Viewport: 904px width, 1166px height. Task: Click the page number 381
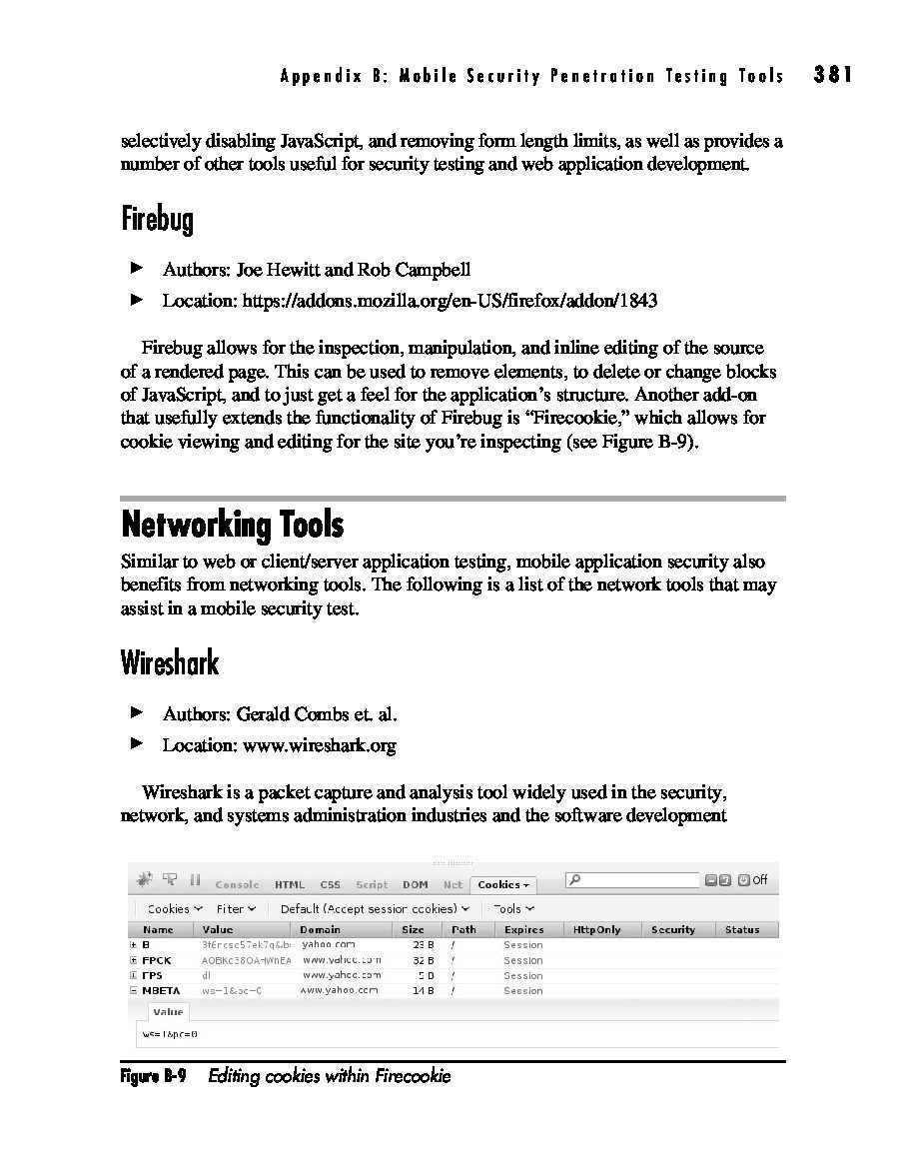point(833,75)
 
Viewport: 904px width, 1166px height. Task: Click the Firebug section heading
point(157,219)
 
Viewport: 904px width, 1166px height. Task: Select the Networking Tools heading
point(232,525)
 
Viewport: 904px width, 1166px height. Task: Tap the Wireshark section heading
point(169,662)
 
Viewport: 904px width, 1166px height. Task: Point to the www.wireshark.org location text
point(319,745)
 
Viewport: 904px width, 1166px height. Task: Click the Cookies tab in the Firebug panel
point(502,884)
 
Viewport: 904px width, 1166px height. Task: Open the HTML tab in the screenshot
point(290,884)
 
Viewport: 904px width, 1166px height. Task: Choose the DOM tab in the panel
point(416,884)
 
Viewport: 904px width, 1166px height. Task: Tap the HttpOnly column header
point(596,930)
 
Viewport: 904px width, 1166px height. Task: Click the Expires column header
point(524,930)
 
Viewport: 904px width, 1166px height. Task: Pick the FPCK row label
point(158,960)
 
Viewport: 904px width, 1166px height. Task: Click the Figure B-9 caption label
point(153,1076)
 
